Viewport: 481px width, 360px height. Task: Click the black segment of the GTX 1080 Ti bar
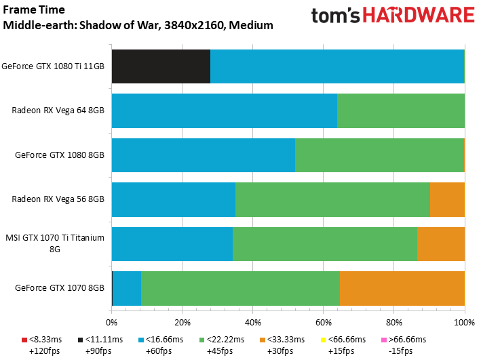pyautogui.click(x=160, y=66)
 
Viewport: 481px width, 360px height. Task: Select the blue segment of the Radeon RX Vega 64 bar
pyautogui.click(x=224, y=111)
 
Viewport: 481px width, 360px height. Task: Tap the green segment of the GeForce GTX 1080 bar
pyautogui.click(x=379, y=155)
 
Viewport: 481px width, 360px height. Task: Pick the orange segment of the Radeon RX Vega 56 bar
pyautogui.click(x=447, y=199)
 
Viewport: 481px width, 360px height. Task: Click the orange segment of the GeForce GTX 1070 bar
pyautogui.click(x=402, y=287)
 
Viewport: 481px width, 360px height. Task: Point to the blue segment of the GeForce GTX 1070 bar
pyautogui.click(x=126, y=287)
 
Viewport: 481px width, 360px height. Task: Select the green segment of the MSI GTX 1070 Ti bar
pyautogui.click(x=325, y=243)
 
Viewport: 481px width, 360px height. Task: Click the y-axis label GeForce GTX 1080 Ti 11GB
pyautogui.click(x=53, y=66)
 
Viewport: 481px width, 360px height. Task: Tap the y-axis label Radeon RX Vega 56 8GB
pyautogui.click(x=58, y=199)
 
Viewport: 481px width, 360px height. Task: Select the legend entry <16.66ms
pyautogui.click(x=163, y=340)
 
